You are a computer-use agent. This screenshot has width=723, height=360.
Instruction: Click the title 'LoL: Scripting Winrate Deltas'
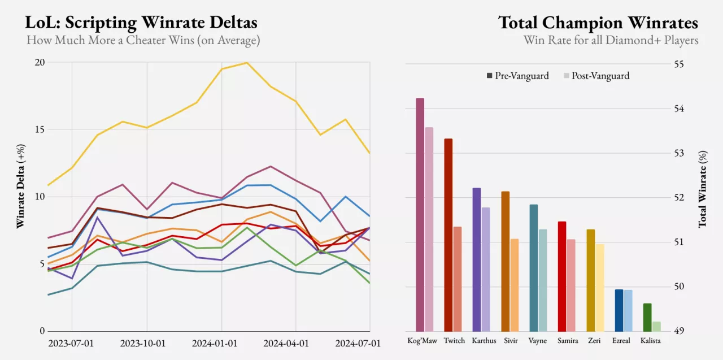point(141,23)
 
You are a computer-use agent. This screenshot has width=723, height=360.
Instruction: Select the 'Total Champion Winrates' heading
point(598,23)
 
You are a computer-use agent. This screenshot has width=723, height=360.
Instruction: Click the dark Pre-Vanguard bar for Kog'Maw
point(420,215)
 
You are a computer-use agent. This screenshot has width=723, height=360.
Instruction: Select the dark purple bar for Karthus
point(477,259)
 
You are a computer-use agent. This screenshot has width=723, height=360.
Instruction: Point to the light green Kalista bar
point(656,327)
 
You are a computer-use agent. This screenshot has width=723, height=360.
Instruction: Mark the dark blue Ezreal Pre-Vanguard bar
point(619,310)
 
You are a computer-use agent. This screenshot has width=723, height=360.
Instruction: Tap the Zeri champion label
point(594,341)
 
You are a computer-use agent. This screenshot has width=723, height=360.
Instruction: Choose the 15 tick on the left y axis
point(40,129)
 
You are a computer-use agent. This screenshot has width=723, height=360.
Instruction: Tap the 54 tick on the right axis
point(678,109)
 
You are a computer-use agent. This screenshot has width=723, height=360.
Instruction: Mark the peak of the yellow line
point(246,63)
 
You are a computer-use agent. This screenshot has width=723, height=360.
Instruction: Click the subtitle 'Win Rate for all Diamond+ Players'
point(611,41)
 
